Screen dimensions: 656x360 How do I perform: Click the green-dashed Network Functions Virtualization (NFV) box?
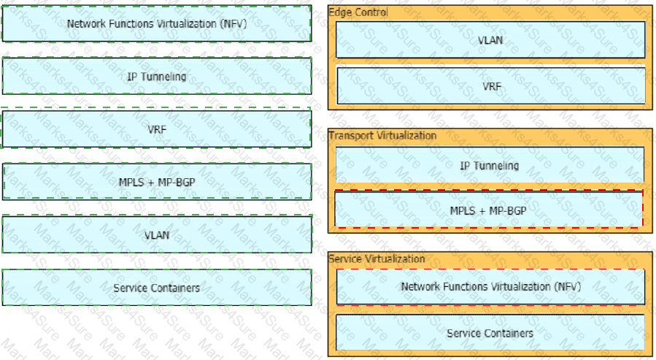click(156, 23)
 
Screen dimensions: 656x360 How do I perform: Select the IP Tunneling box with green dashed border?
click(156, 76)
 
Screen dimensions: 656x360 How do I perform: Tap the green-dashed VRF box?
click(156, 129)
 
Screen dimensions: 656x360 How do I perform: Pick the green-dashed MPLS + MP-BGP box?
click(156, 181)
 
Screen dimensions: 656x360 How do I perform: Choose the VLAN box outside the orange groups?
click(156, 234)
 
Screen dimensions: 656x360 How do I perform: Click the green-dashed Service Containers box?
click(156, 288)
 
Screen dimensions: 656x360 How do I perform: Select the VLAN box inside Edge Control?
click(490, 39)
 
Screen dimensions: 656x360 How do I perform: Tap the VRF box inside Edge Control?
click(491, 86)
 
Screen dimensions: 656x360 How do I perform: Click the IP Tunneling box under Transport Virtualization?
click(490, 165)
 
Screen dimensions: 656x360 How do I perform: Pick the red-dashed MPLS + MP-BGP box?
click(489, 210)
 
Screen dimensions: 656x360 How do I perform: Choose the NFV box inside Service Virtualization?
click(490, 287)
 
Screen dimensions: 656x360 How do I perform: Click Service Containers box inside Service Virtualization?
click(490, 333)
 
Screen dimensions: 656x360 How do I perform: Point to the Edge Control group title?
click(358, 12)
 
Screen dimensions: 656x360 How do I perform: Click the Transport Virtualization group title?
click(382, 135)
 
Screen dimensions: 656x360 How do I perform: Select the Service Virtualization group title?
click(377, 258)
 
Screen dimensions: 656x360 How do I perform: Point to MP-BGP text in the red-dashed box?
click(507, 210)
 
